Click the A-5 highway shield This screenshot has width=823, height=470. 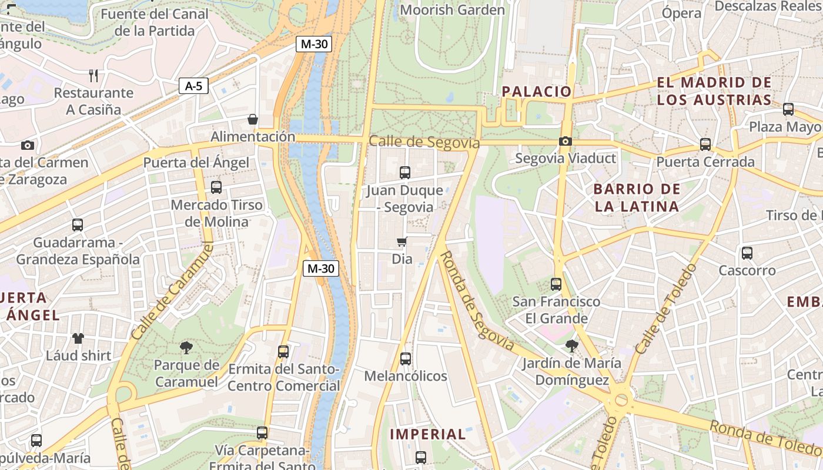click(x=193, y=86)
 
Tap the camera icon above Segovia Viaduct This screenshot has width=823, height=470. click(x=565, y=141)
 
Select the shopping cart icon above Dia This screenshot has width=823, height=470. click(x=402, y=241)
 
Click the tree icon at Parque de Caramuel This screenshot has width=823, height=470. click(x=186, y=347)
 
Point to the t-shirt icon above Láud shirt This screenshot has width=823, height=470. click(x=78, y=338)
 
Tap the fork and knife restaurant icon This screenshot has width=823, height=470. click(x=93, y=75)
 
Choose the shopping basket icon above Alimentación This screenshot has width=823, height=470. click(x=253, y=119)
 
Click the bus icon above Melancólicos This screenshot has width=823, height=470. click(x=405, y=358)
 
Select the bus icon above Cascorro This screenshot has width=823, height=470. click(x=747, y=253)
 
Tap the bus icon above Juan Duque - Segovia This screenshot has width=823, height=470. click(x=404, y=173)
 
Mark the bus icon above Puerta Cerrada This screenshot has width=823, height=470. click(x=705, y=144)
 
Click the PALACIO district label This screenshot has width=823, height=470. click(x=536, y=91)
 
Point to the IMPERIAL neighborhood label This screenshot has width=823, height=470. click(x=428, y=435)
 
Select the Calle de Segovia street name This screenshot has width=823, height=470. click(x=424, y=143)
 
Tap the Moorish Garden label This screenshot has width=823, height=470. click(x=452, y=10)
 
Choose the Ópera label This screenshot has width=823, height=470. click(x=681, y=13)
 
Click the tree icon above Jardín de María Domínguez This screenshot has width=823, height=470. click(x=571, y=346)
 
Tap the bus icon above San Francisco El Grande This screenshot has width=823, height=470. click(x=556, y=284)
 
